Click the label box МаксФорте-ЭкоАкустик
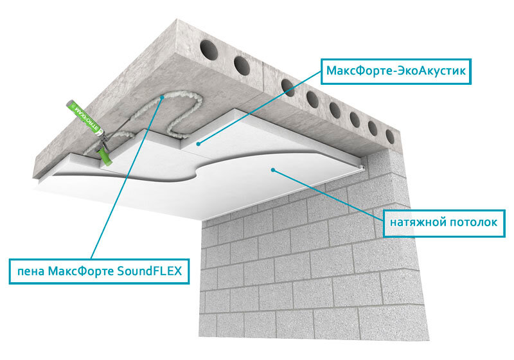[396, 71]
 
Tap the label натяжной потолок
[444, 223]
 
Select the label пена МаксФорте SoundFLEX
[99, 271]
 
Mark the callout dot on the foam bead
[162, 97]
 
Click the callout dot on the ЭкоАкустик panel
[198, 143]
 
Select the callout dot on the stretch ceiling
[272, 170]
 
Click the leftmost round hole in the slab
[209, 50]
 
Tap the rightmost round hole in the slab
[390, 136]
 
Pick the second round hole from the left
[242, 64]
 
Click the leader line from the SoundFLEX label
[126, 178]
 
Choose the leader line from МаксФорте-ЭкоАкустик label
[260, 107]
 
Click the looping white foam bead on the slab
[170, 115]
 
